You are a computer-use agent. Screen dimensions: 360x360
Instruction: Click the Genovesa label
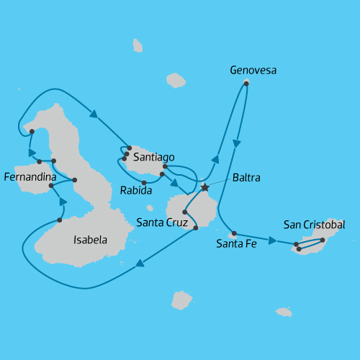click(x=253, y=71)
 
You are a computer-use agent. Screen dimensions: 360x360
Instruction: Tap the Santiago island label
click(x=153, y=156)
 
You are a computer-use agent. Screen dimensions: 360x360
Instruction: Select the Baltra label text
click(x=246, y=177)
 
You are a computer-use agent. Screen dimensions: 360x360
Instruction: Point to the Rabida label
click(x=136, y=192)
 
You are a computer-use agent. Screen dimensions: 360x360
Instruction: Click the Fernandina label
click(x=30, y=176)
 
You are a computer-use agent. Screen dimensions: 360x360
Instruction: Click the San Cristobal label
click(x=314, y=225)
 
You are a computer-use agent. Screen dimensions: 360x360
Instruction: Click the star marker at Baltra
click(x=204, y=187)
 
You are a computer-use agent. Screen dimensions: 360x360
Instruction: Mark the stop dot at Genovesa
click(x=246, y=84)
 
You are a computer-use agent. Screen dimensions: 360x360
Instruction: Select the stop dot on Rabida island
click(x=144, y=182)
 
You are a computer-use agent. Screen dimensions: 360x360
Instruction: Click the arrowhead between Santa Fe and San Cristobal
click(x=272, y=240)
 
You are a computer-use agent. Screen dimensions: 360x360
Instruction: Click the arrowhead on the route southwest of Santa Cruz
click(x=140, y=263)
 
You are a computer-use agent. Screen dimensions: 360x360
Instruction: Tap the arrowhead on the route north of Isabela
click(x=93, y=112)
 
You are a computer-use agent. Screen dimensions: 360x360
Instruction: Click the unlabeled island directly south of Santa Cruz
click(x=181, y=300)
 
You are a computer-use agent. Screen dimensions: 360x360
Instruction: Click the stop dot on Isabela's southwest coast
click(x=59, y=220)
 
